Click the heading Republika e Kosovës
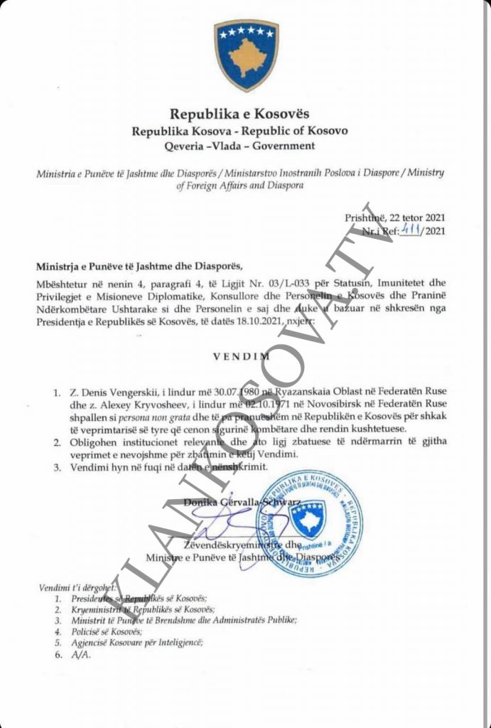tap(239, 114)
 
